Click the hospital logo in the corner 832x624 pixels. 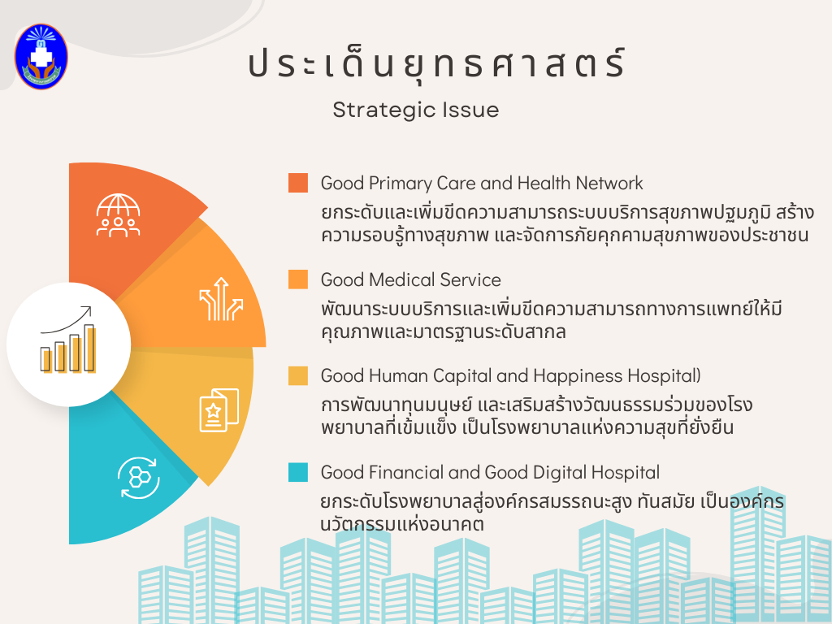[x=41, y=56]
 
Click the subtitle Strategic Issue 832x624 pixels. [x=416, y=110]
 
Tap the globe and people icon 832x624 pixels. [x=118, y=214]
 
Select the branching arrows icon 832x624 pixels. [x=221, y=299]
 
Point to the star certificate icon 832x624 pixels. [x=219, y=410]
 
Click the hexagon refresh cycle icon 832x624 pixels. [x=139, y=478]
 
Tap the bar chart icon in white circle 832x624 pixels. [x=68, y=340]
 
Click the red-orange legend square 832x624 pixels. [x=298, y=183]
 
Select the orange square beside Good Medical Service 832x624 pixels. [x=298, y=279]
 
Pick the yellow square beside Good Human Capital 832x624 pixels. [x=298, y=375]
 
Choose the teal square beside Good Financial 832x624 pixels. [x=298, y=472]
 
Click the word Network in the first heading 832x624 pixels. [x=609, y=183]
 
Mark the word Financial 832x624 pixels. [x=406, y=472]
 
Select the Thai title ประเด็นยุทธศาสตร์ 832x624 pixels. [x=436, y=63]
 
